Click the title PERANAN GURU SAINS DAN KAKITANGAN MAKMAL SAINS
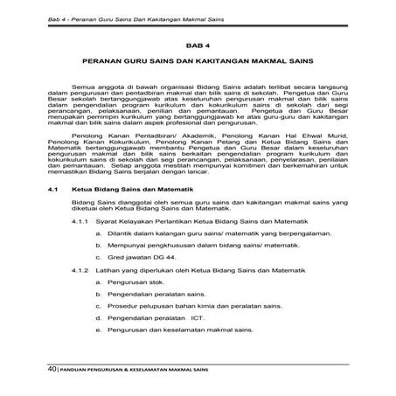198,64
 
